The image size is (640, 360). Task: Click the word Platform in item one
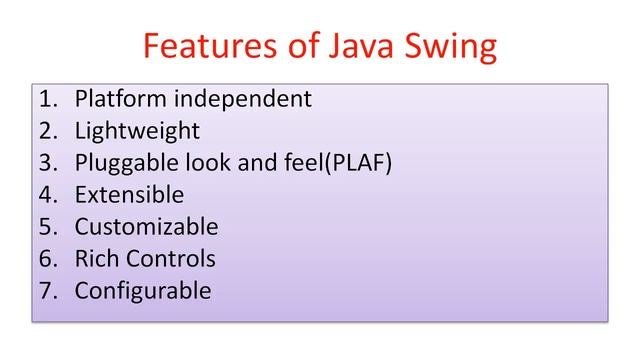(118, 100)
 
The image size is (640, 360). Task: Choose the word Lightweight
(137, 132)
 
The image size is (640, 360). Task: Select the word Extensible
(129, 195)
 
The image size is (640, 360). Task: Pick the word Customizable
(146, 227)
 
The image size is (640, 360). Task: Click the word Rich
(97, 259)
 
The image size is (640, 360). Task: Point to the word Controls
(171, 259)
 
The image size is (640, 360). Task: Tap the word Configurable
(143, 291)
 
